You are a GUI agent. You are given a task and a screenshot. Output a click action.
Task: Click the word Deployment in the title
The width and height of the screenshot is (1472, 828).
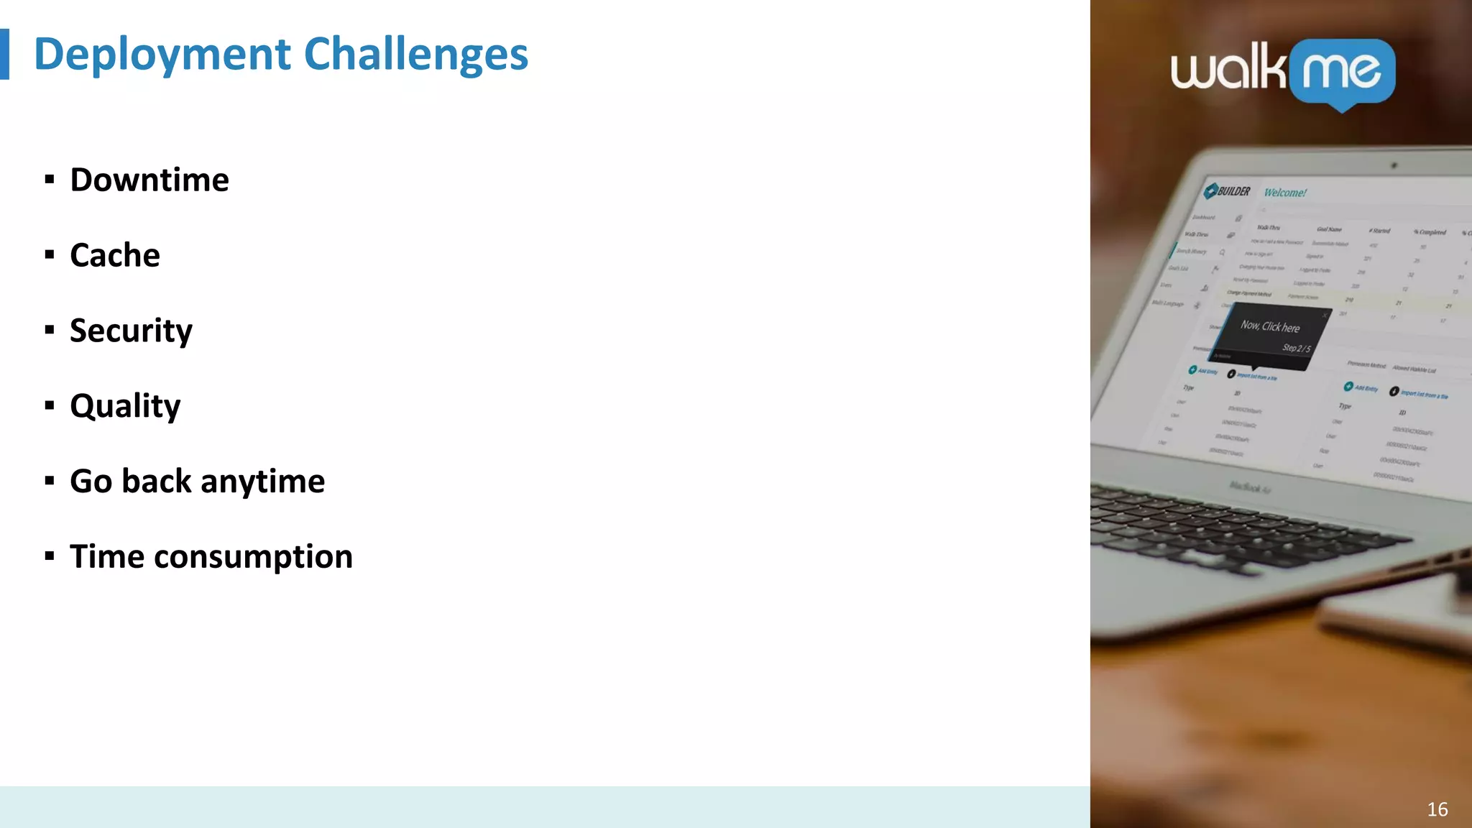pos(162,55)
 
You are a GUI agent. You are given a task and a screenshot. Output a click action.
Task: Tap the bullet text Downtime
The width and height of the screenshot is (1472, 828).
pos(149,180)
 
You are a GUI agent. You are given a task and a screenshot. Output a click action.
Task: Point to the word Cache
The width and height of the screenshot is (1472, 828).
pos(115,255)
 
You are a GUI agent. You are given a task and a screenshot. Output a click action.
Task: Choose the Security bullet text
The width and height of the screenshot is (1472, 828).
pos(131,331)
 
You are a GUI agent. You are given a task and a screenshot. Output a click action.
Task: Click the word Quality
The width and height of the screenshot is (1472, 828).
pos(125,407)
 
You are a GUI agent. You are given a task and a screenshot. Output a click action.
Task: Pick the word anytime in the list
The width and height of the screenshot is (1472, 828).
pos(262,482)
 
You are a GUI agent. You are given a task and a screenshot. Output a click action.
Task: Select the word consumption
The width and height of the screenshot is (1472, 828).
pos(253,557)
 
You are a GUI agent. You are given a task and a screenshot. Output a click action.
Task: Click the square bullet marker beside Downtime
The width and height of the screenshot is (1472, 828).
pos(50,180)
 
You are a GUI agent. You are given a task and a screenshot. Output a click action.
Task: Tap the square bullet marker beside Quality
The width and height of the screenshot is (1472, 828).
pos(50,406)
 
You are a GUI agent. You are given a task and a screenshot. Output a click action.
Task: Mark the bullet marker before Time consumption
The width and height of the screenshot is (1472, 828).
pos(50,556)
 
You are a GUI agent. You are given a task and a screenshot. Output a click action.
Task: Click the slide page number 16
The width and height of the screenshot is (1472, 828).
pos(1437,809)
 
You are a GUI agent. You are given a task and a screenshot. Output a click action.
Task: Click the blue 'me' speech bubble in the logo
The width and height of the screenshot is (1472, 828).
pos(1342,72)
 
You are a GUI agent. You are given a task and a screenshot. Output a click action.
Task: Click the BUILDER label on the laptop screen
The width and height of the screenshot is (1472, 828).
pos(1233,191)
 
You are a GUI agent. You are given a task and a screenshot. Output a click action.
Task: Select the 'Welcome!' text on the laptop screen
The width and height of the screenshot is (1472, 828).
pos(1285,193)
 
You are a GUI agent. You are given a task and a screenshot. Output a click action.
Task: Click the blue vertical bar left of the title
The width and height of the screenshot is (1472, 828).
pos(4,54)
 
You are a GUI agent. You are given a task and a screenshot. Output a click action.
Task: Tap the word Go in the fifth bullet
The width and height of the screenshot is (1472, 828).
pos(91,482)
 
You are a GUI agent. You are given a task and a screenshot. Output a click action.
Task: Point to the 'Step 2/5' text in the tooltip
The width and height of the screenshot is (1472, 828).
pos(1297,348)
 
